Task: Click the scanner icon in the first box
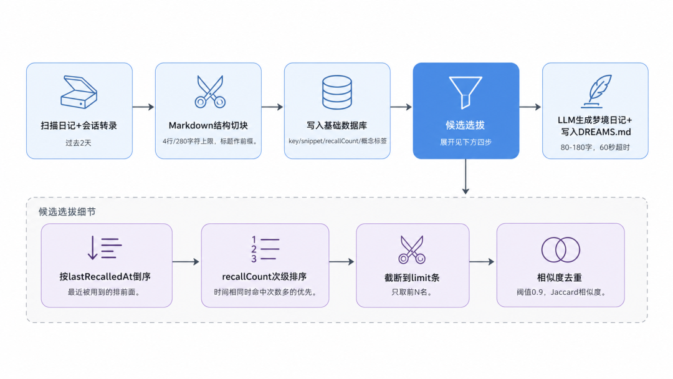tap(79, 92)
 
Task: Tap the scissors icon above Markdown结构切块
tap(210, 92)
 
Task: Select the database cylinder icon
tap(337, 92)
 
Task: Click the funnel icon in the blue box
tap(465, 92)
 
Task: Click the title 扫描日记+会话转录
tap(79, 125)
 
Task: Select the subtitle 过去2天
tap(79, 143)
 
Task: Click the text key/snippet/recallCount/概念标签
tap(337, 141)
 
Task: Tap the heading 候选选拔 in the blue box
tap(465, 125)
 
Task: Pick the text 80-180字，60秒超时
tap(595, 147)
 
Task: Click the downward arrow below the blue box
tap(465, 176)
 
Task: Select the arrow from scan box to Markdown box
tap(143, 107)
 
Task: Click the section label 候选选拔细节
tap(67, 211)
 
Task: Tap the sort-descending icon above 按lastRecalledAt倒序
tap(105, 248)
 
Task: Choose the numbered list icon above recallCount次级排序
tap(265, 249)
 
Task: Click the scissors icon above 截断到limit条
tap(412, 249)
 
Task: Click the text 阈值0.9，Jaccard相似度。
tap(561, 292)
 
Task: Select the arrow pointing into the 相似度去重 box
tap(482, 262)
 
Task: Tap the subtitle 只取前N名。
tap(412, 292)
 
